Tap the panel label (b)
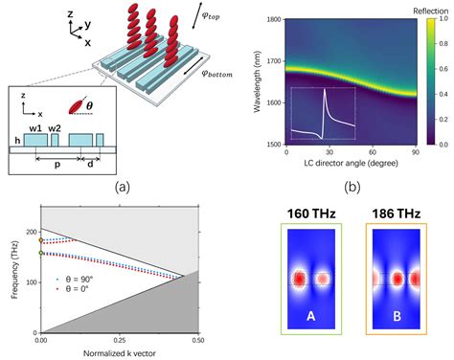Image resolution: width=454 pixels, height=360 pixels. pyautogui.click(x=352, y=189)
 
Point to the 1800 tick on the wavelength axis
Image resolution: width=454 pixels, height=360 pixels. pyautogui.click(x=273, y=19)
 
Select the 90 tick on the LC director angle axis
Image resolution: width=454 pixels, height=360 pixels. pyautogui.click(x=416, y=152)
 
